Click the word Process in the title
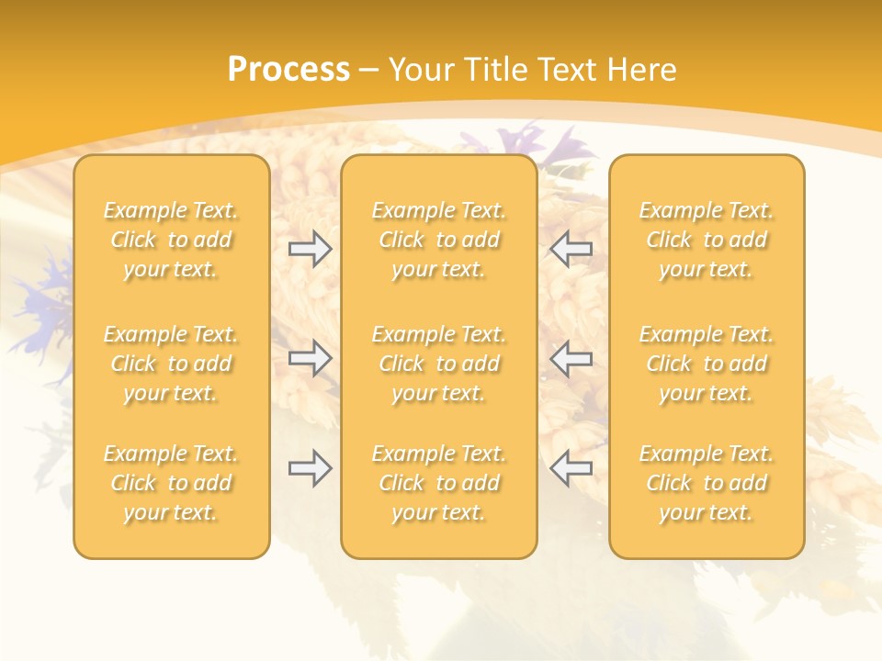tap(288, 70)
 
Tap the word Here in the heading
tap(642, 70)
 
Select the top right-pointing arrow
tap(311, 249)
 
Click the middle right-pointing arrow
tap(311, 358)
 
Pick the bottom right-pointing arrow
tap(311, 468)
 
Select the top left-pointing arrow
tap(571, 249)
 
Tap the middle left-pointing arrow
tap(571, 358)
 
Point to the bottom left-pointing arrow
tap(571, 468)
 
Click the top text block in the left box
tap(171, 240)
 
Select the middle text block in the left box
tap(171, 364)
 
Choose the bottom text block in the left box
tap(171, 483)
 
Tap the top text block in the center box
tap(439, 240)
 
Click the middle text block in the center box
tap(439, 364)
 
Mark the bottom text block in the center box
tap(439, 483)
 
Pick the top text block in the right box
tap(707, 240)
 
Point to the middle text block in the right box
tap(707, 364)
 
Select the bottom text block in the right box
tap(707, 483)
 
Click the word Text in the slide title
tap(568, 70)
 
